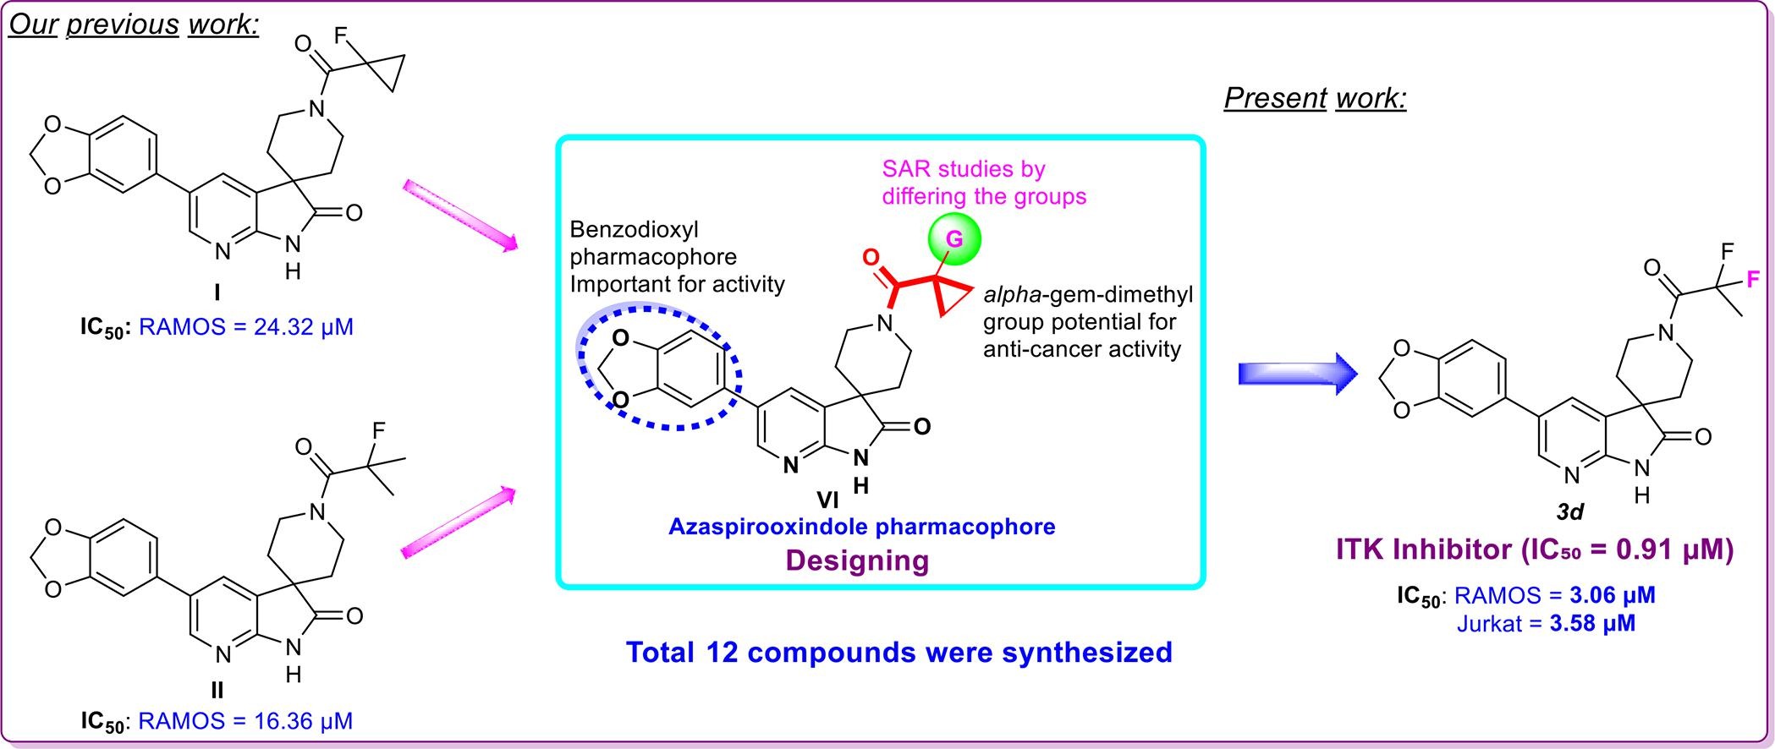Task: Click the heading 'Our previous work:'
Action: (x=134, y=24)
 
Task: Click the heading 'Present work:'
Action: (x=1315, y=99)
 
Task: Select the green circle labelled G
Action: (x=953, y=240)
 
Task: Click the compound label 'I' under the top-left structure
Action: (x=217, y=293)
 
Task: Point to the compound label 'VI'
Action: (x=827, y=500)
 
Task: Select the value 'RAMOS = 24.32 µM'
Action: (x=245, y=326)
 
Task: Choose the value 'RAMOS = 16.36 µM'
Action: (x=245, y=721)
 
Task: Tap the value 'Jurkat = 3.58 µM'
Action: (x=1546, y=624)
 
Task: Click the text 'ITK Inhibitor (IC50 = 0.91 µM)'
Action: (x=1535, y=550)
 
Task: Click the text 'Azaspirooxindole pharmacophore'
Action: (x=861, y=527)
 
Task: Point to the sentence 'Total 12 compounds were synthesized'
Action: (x=898, y=652)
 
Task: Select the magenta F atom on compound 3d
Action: (x=1753, y=279)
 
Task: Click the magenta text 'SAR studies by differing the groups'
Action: (x=983, y=183)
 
